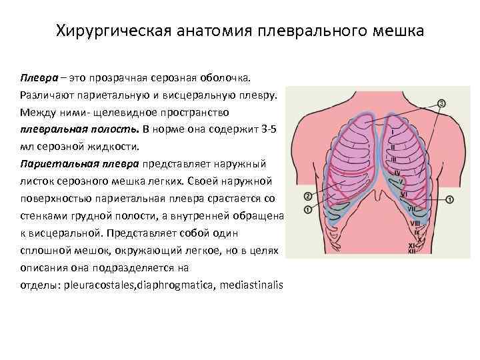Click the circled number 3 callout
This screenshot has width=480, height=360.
pos(442,103)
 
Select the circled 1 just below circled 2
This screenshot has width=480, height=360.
pos(307,209)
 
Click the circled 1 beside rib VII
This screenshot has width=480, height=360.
pos(449,199)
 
